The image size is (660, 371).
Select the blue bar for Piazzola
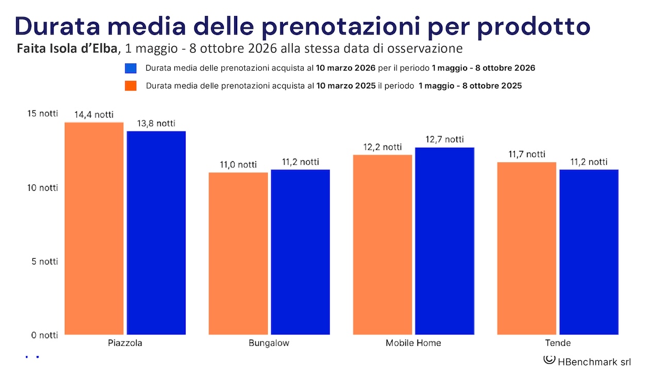pyautogui.click(x=156, y=233)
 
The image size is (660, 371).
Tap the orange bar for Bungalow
pyautogui.click(x=238, y=254)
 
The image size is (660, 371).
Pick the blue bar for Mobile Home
pyautogui.click(x=444, y=241)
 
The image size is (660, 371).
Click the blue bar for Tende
pyautogui.click(x=589, y=252)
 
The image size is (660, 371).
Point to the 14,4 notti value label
pyautogui.click(x=94, y=115)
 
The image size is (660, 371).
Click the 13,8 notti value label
pyautogui.click(x=156, y=124)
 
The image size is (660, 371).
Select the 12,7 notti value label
pyautogui.click(x=444, y=140)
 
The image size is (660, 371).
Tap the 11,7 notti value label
pyautogui.click(x=526, y=154)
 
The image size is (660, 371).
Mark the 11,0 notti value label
pyautogui.click(x=237, y=165)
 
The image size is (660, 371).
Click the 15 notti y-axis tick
pyautogui.click(x=42, y=114)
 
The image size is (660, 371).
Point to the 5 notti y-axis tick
pyautogui.click(x=45, y=261)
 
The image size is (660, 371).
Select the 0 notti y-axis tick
pyautogui.click(x=45, y=335)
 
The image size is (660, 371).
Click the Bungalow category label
pyautogui.click(x=269, y=343)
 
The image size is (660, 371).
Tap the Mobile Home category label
pyautogui.click(x=413, y=343)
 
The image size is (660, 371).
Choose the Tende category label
pyautogui.click(x=557, y=343)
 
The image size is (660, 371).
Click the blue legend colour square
pyautogui.click(x=130, y=69)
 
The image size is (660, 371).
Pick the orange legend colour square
pyautogui.click(x=130, y=86)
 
